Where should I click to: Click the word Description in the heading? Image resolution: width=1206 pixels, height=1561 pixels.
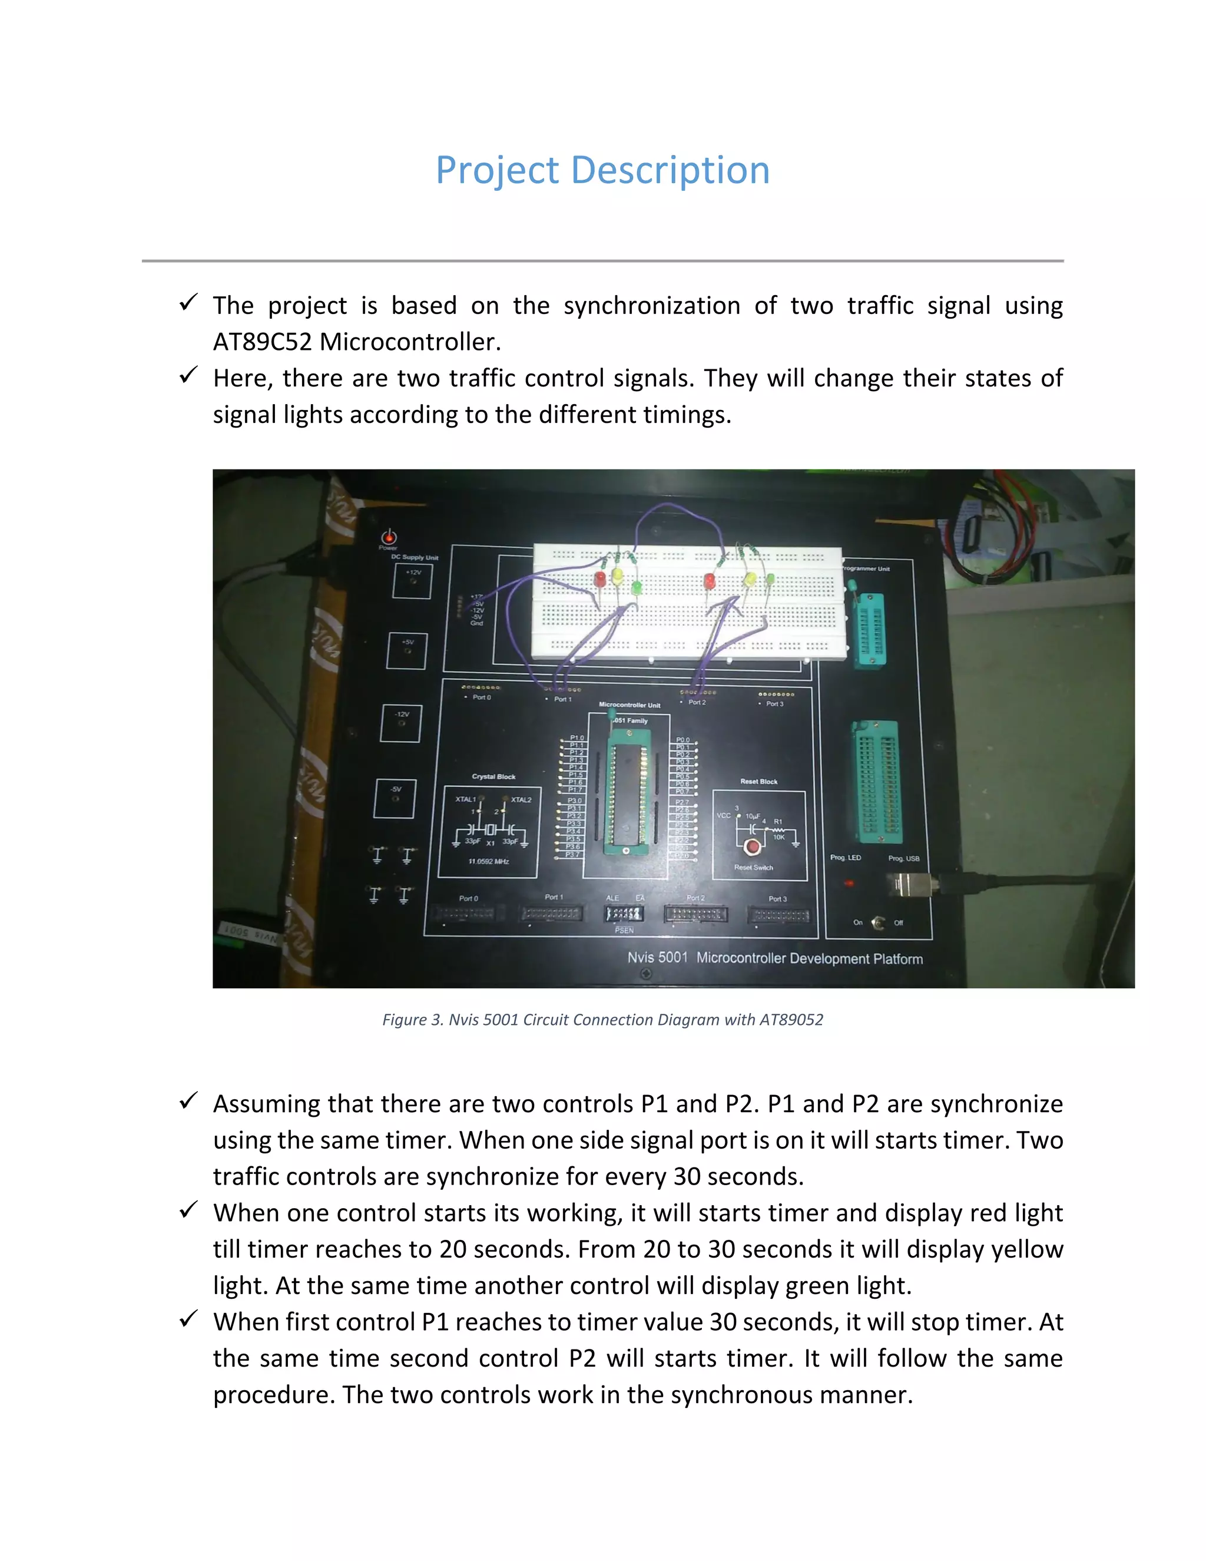coord(670,171)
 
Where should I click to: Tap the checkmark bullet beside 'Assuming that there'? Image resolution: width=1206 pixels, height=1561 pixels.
coord(188,1102)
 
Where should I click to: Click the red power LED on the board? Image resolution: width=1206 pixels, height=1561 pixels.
coord(389,537)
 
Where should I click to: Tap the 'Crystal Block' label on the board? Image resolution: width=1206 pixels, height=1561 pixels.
coord(493,776)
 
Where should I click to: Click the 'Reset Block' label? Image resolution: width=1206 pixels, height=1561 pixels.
coord(758,781)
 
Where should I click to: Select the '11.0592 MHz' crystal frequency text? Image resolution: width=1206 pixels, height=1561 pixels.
coord(489,861)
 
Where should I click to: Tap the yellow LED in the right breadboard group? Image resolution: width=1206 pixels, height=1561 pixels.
coord(750,580)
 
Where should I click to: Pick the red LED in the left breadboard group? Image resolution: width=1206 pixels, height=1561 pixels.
coord(600,578)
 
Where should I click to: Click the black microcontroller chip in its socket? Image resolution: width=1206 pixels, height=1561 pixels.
coord(627,793)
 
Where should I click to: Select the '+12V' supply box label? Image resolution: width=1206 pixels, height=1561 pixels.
coord(413,573)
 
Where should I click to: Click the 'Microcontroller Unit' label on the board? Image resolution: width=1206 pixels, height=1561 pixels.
coord(629,705)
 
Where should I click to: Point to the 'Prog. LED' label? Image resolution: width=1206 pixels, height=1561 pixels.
coord(845,858)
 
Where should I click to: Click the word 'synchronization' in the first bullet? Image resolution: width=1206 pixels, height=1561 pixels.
coord(652,306)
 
